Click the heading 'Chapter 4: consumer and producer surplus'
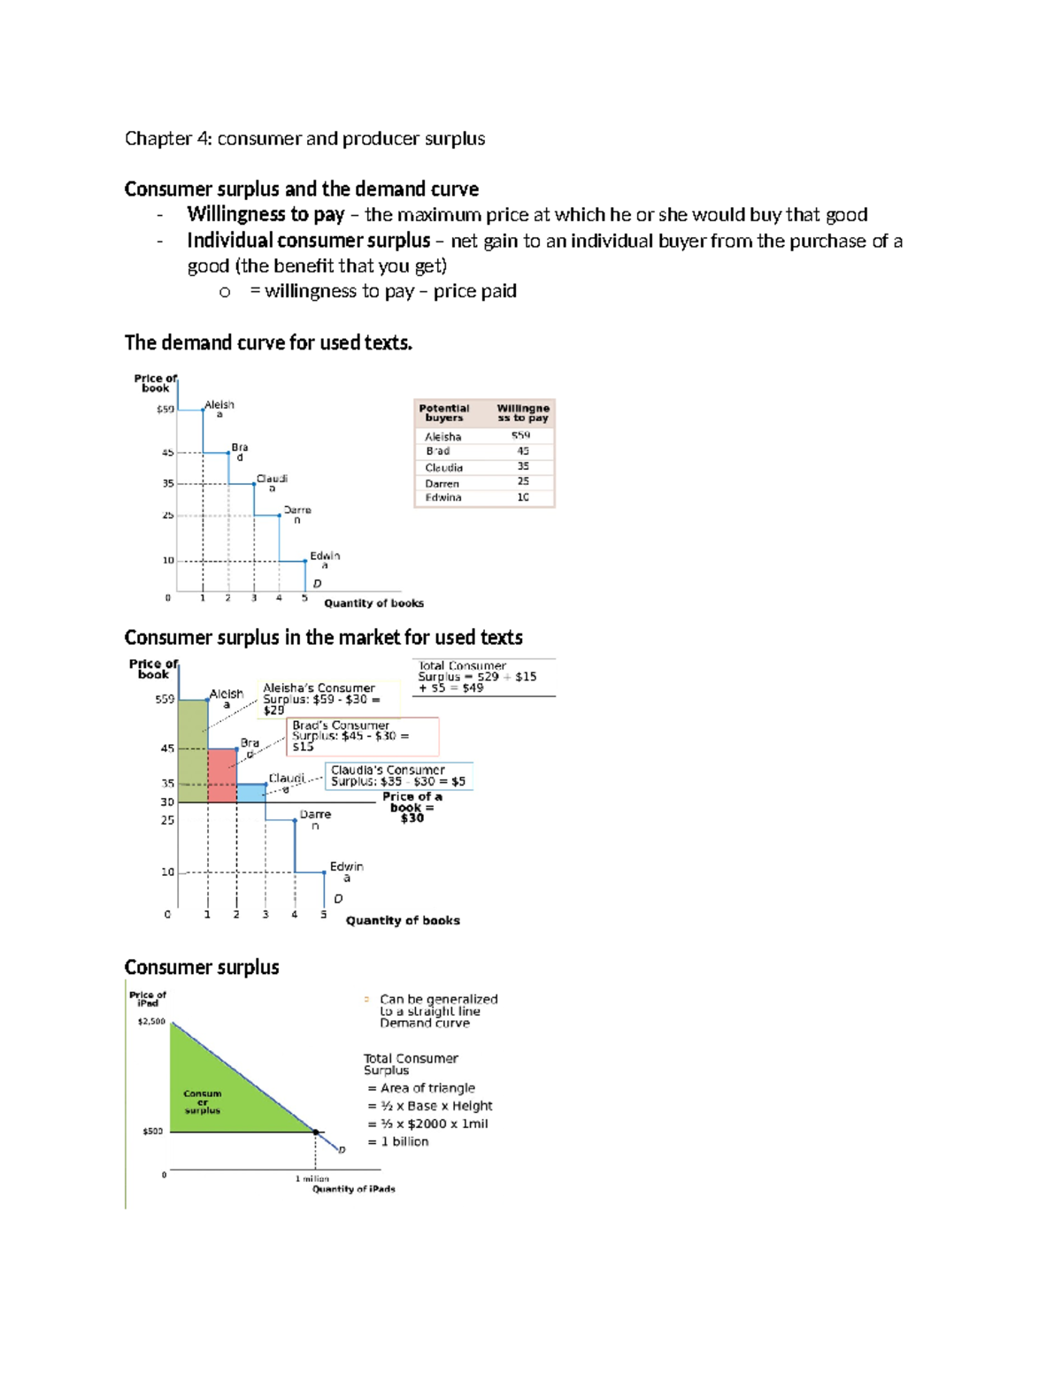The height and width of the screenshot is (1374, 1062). pos(304,139)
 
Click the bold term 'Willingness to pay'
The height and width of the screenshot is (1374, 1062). pos(265,214)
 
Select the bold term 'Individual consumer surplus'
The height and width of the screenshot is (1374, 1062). pos(308,241)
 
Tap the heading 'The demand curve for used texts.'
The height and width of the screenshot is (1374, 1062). pos(268,343)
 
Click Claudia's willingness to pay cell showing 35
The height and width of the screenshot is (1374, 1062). pos(523,466)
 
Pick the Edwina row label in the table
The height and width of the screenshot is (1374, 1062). pos(442,497)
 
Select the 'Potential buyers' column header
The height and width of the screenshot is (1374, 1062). pos(443,413)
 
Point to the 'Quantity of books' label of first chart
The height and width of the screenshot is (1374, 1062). pos(373,603)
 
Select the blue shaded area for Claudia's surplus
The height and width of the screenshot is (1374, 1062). pos(250,793)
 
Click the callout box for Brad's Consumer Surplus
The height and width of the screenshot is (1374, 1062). pos(363,736)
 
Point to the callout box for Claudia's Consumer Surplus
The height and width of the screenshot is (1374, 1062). pos(398,776)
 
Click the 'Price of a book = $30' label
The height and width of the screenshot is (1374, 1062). pos(412,807)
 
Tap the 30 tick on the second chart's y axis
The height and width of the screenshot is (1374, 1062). pos(166,802)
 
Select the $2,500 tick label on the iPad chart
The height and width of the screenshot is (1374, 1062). pos(150,1021)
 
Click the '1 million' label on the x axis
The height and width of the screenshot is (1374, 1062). pos(312,1178)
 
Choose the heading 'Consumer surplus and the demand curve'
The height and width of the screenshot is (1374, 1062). pos(301,189)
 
